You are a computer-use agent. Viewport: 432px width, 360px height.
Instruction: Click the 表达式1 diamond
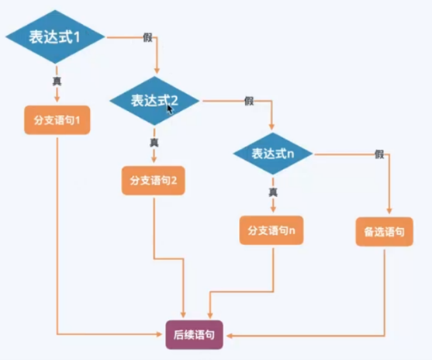[x=55, y=36]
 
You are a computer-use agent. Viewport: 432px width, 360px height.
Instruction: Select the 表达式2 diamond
[x=154, y=101]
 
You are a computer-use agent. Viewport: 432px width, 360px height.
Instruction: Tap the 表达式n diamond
[x=273, y=154]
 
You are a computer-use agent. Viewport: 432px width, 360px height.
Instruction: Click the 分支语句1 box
[x=57, y=120]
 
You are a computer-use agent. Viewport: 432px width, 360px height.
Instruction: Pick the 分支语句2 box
[x=154, y=181]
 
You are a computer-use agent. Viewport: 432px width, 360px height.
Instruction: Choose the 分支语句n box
[x=271, y=230]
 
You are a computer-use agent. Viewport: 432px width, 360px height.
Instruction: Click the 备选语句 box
[x=385, y=231]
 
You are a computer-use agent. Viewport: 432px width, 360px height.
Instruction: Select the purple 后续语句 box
[x=194, y=335]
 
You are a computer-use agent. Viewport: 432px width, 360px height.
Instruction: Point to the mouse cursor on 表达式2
[x=171, y=109]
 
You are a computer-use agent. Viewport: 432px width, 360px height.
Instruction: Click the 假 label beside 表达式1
[x=147, y=37]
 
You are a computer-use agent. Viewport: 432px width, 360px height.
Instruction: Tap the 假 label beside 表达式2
[x=249, y=101]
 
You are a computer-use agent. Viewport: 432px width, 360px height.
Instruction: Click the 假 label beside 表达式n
[x=379, y=154]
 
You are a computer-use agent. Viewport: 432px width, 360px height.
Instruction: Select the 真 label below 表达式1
[x=57, y=81]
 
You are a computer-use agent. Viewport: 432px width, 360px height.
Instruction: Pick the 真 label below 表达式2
[x=154, y=142]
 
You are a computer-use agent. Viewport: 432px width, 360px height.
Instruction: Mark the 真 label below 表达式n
[x=273, y=192]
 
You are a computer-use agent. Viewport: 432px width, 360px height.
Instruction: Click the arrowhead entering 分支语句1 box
[x=57, y=99]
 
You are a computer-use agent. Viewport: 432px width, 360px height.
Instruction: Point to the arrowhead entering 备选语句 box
[x=389, y=210]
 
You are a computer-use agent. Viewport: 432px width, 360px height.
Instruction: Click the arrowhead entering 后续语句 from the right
[x=230, y=336]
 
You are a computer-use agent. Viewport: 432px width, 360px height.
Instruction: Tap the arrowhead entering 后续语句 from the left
[x=159, y=334]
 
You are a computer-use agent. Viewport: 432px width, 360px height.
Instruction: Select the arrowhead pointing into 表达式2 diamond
[x=157, y=71]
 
